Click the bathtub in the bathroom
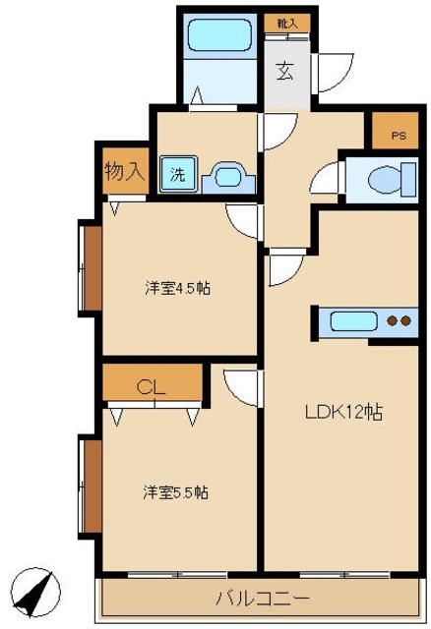pos(222,36)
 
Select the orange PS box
pos(398,133)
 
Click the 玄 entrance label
pos(284,71)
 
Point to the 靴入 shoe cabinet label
pos(286,22)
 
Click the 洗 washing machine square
pos(178,176)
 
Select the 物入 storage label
pos(124,170)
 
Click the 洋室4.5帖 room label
pos(177,288)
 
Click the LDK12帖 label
pos(341,413)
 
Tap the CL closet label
pos(150,386)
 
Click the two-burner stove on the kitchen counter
pos(399,321)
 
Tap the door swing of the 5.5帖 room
pos(239,385)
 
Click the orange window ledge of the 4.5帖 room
pos(90,268)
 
